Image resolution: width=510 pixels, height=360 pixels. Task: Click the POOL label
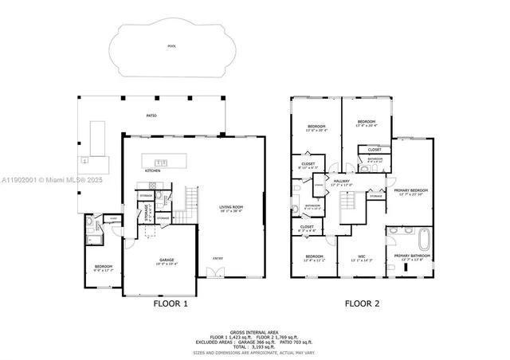172,46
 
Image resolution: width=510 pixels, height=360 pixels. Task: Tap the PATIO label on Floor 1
151,116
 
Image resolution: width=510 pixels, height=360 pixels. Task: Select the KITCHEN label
153,170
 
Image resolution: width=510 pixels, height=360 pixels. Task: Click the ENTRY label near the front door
218,257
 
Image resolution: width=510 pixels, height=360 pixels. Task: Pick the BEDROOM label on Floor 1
104,267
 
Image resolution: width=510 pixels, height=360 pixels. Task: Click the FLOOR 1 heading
171,303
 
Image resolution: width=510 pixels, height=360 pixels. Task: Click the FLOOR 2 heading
363,303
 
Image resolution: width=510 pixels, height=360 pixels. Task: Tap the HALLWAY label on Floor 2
342,182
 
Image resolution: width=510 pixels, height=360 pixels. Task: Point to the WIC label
361,256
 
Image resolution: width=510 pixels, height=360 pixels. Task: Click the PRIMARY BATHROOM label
411,256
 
